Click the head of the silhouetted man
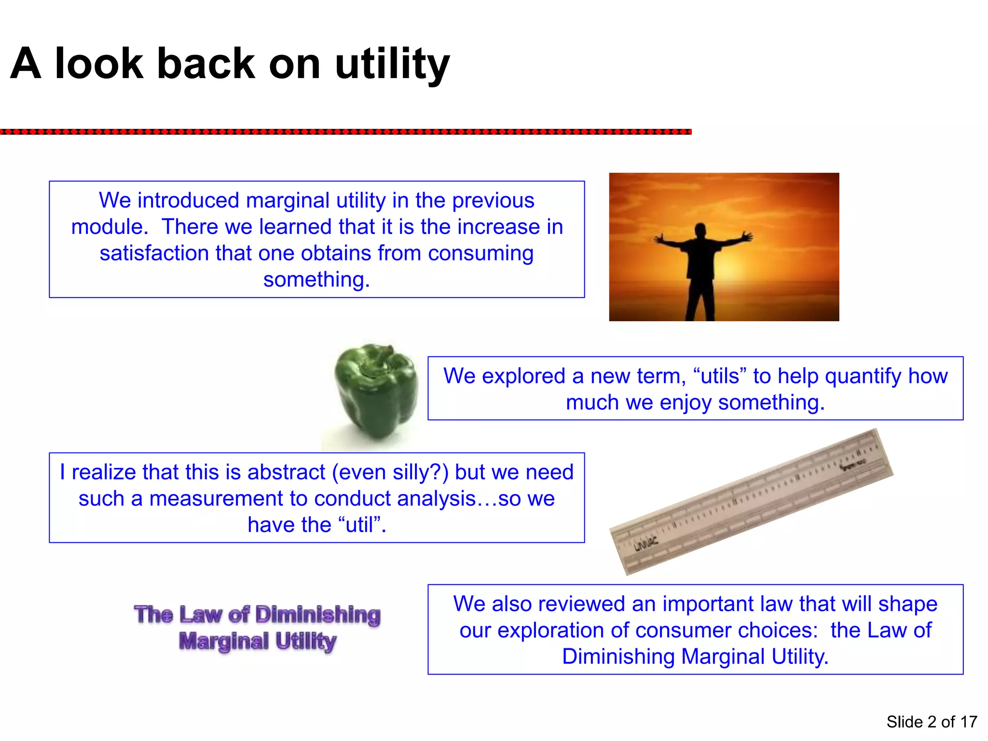point(700,231)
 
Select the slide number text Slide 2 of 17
point(932,722)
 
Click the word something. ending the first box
point(316,279)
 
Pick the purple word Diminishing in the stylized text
point(317,615)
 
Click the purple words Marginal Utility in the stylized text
point(257,641)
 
